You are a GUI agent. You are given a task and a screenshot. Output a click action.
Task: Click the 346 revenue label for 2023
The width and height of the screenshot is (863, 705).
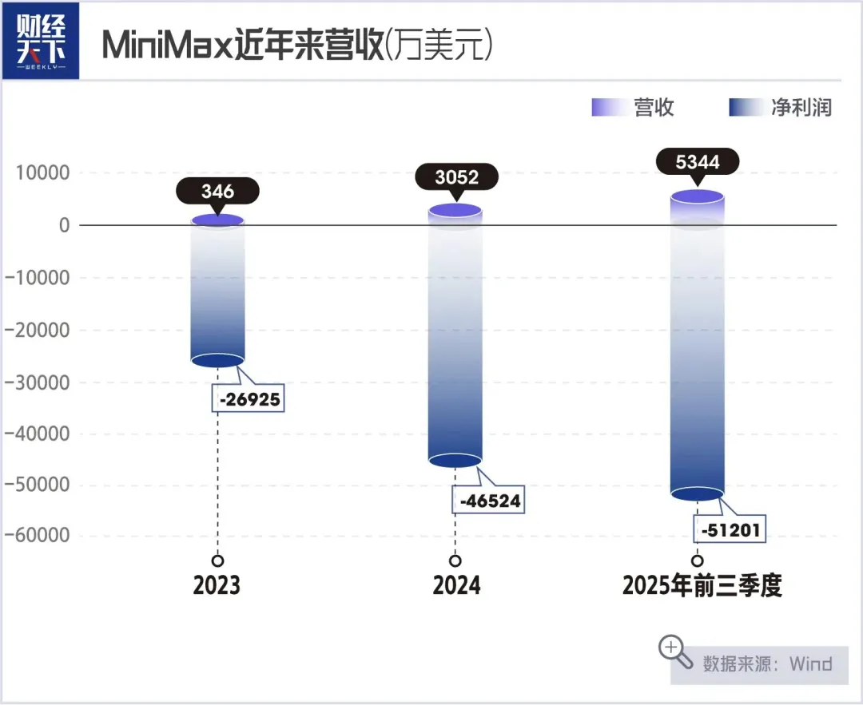pyautogui.click(x=217, y=192)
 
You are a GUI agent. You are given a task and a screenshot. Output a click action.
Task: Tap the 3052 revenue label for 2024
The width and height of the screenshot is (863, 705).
pyautogui.click(x=456, y=177)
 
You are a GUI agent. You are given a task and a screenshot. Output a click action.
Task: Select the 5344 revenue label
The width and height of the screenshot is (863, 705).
pyautogui.click(x=698, y=163)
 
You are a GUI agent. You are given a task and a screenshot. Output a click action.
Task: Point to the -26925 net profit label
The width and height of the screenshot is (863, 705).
pyautogui.click(x=249, y=398)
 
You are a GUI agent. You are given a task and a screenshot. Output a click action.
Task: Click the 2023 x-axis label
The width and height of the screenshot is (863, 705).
pyautogui.click(x=217, y=586)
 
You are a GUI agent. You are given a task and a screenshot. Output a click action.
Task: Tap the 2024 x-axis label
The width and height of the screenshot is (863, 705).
pyautogui.click(x=456, y=586)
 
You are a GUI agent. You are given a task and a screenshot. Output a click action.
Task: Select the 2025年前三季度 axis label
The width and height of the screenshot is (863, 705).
pyautogui.click(x=702, y=586)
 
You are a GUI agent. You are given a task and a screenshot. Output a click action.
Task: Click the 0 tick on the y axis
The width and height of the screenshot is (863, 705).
pyautogui.click(x=64, y=225)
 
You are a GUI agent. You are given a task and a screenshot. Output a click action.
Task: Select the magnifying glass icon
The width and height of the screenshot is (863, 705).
pyautogui.click(x=675, y=652)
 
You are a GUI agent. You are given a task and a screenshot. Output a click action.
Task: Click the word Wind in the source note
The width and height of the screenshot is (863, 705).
pyautogui.click(x=810, y=663)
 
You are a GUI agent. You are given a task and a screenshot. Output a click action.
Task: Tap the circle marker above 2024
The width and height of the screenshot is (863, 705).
pyautogui.click(x=455, y=560)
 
